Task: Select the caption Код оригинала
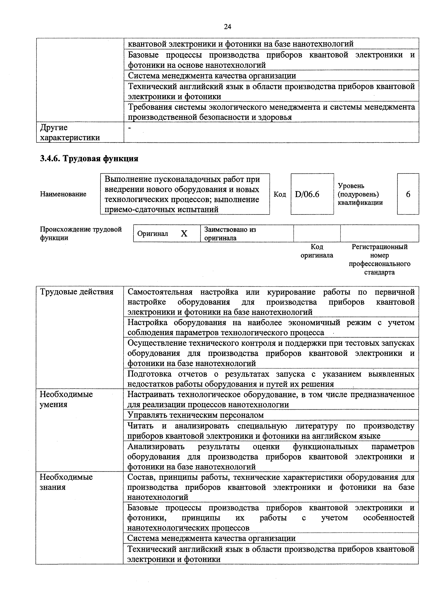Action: coord(317,251)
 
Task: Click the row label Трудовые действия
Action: coord(77,292)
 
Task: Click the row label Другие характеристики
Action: coord(70,133)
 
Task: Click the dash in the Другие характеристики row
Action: coord(130,128)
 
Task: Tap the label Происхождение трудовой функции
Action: coord(81,233)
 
